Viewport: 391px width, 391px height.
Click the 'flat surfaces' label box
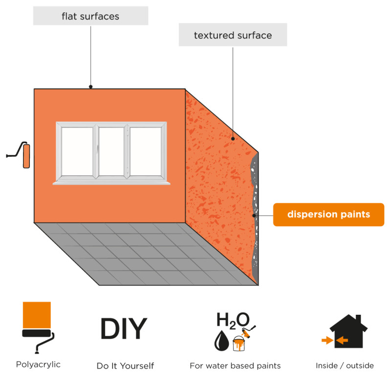[90, 16]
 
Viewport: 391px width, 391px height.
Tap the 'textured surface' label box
[233, 35]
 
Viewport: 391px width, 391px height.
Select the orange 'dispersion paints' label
[328, 215]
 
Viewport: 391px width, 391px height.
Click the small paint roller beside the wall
[19, 154]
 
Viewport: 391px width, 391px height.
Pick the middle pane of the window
[111, 152]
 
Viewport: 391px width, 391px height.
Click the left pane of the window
[77, 152]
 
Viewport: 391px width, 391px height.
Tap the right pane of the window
[146, 152]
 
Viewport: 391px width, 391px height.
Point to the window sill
[111, 183]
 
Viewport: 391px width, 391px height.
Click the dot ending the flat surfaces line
[91, 87]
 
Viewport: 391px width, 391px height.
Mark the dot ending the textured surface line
[233, 139]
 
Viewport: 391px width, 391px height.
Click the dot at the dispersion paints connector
[254, 216]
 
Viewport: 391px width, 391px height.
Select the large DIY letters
[124, 328]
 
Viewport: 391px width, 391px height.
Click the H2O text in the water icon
[233, 320]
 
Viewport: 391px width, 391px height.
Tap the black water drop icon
[221, 341]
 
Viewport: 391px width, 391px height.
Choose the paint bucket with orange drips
[239, 344]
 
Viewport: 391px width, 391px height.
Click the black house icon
[348, 332]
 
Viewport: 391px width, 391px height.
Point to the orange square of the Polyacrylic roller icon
[37, 315]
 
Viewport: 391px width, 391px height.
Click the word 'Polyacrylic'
[38, 365]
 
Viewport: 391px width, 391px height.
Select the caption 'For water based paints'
[235, 366]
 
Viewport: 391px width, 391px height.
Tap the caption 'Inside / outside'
[345, 366]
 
